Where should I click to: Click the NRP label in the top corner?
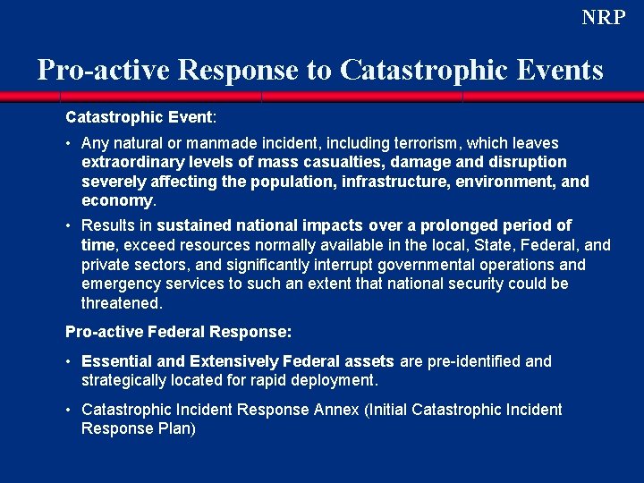tap(604, 18)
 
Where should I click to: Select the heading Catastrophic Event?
tap(140, 117)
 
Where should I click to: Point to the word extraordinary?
tap(131, 163)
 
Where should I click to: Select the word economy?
tap(117, 201)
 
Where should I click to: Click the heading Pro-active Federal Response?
tap(179, 332)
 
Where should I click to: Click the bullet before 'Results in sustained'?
tap(69, 225)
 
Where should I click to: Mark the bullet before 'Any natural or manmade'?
tap(69, 143)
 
